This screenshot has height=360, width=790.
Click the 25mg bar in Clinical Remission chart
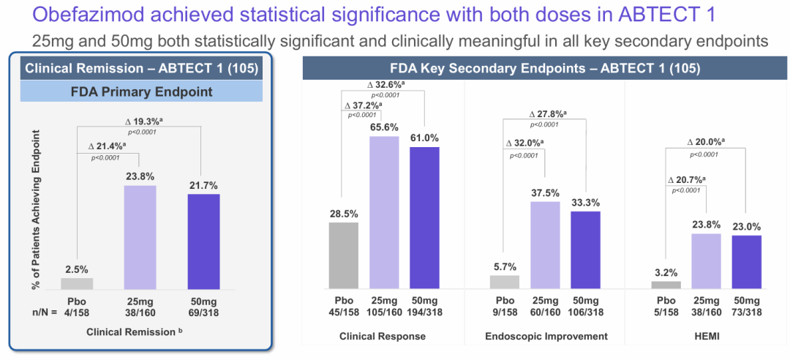click(140, 237)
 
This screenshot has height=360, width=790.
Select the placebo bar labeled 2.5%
click(77, 283)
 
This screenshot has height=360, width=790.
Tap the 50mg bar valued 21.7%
click(203, 241)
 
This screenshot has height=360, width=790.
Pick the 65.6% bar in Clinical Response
click(384, 212)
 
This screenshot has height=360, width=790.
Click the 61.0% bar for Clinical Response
click(424, 217)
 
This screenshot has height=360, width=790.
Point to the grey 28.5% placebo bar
click(343, 255)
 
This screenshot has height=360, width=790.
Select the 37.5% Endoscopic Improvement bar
click(545, 245)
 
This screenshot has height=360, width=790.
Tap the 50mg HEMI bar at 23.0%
click(747, 262)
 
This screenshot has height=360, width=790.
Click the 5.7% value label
click(505, 267)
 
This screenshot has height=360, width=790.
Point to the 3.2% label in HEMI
click(666, 273)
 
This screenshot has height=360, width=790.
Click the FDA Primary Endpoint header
click(140, 92)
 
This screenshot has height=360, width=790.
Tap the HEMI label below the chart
click(707, 336)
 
